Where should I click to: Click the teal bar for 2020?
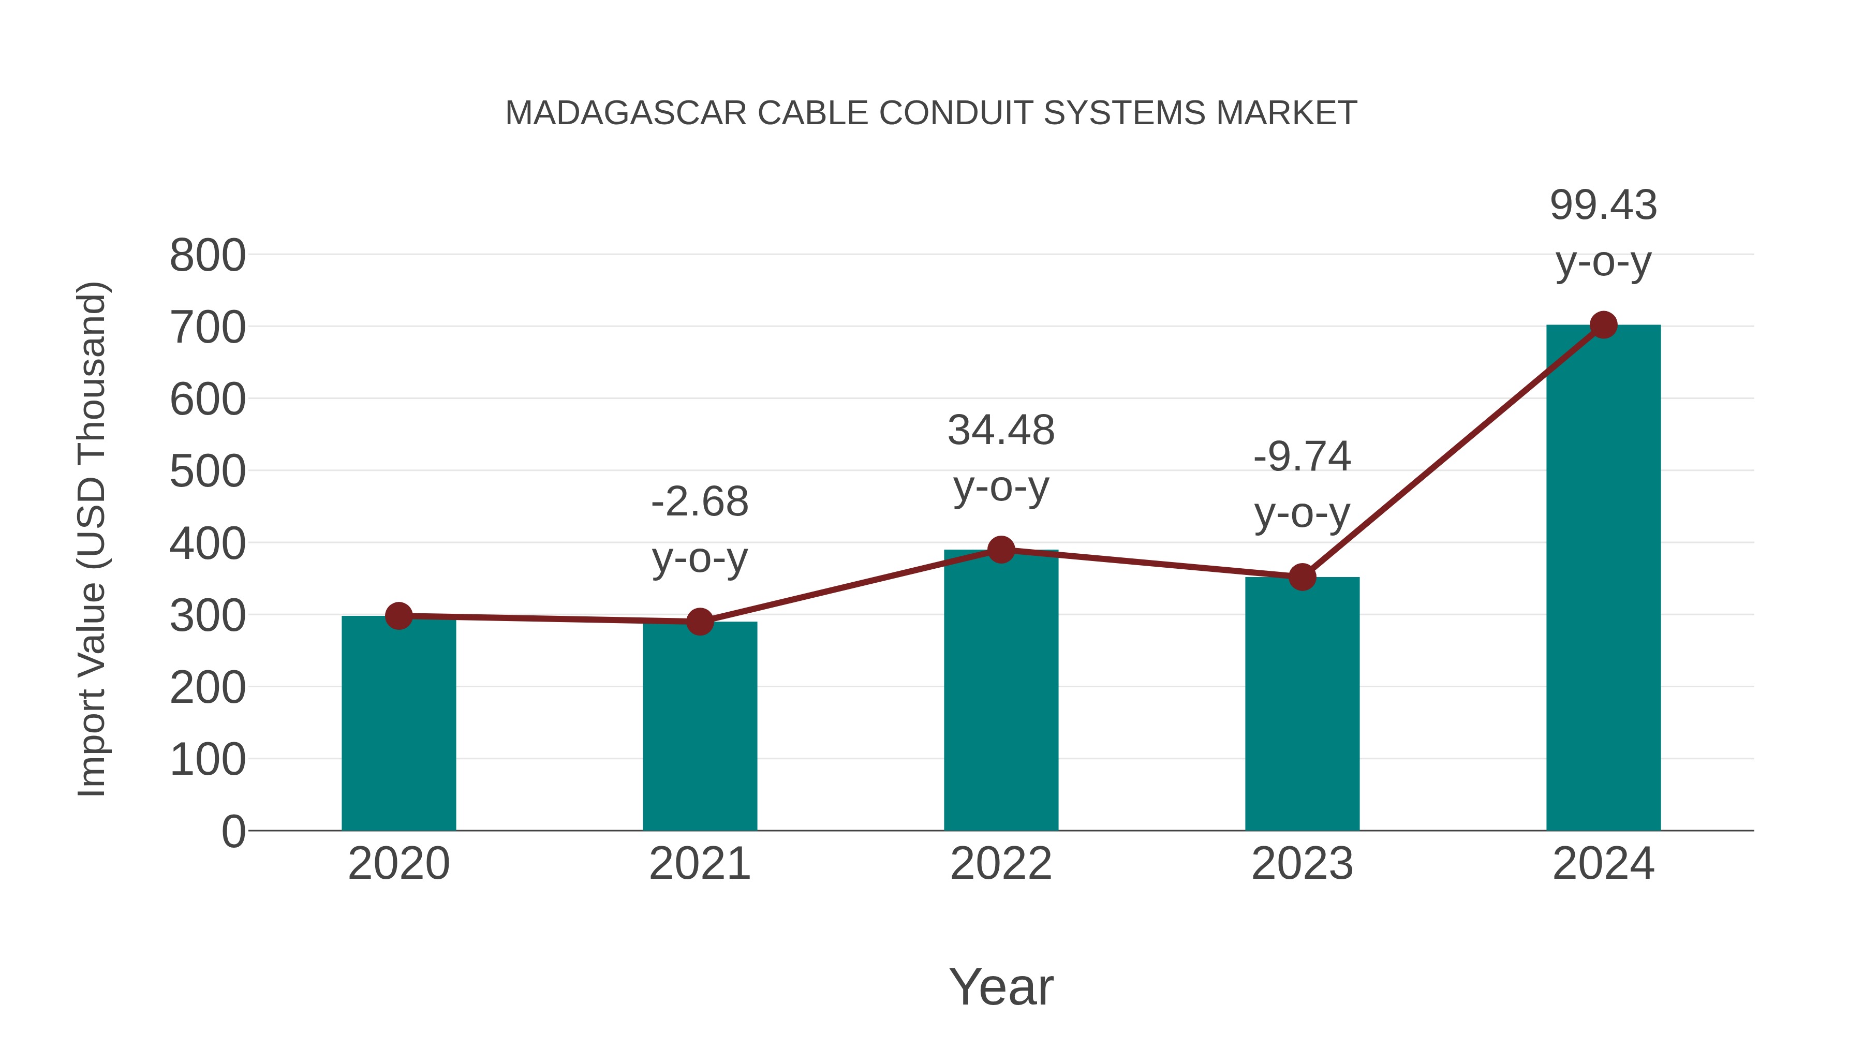[398, 724]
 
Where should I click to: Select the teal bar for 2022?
[1001, 691]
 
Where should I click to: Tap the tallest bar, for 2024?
[1603, 579]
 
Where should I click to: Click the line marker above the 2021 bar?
[699, 621]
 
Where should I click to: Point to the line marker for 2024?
[1603, 326]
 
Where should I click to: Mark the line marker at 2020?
[398, 616]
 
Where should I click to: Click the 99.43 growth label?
[1603, 205]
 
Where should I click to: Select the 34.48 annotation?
[1001, 431]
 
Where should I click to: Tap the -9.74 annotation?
[1302, 457]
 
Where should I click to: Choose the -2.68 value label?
[699, 502]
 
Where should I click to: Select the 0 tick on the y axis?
[233, 831]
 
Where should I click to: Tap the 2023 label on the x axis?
[1302, 864]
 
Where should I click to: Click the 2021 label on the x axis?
[699, 864]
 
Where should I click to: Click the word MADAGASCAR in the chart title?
[626, 113]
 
